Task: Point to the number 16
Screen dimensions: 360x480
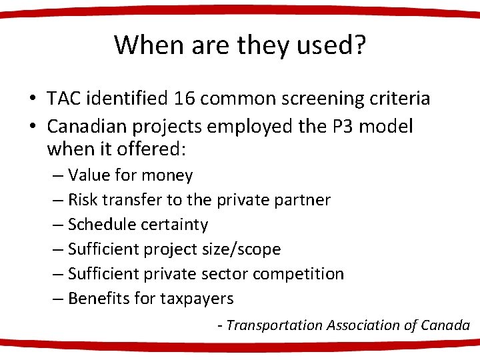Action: [x=184, y=99]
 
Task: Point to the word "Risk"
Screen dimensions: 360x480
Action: [x=82, y=200]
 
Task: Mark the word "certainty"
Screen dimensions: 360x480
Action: [x=174, y=225]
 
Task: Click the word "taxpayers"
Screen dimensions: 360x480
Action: [x=197, y=299]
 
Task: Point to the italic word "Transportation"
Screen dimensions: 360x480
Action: [x=274, y=325]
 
